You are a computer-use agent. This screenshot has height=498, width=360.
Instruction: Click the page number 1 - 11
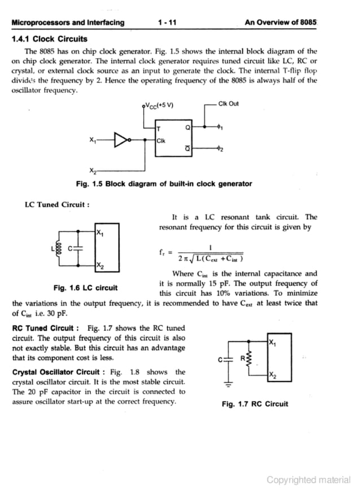tap(167, 23)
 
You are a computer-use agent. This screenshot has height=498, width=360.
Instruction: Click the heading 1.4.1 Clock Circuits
tap(50, 39)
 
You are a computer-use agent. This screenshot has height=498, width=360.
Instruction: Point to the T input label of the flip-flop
tap(160, 129)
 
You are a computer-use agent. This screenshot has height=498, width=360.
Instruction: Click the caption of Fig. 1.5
tap(164, 184)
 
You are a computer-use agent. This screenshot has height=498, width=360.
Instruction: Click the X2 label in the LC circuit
tap(100, 265)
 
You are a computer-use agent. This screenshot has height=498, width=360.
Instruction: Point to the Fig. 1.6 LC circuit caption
tap(85, 287)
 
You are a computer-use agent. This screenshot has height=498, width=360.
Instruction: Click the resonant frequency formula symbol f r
tap(163, 253)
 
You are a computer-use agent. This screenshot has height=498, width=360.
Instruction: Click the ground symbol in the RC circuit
tap(229, 385)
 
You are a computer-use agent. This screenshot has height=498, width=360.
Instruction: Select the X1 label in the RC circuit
tap(273, 342)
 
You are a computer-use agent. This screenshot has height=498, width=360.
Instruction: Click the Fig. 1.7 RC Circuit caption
tap(254, 404)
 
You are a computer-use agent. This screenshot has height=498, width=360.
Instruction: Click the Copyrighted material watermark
tap(308, 480)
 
